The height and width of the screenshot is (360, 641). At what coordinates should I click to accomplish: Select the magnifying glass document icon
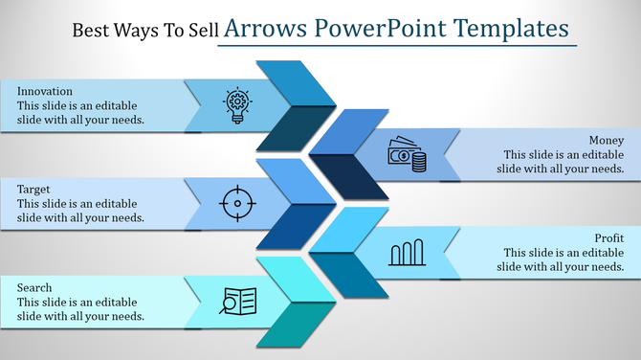237,301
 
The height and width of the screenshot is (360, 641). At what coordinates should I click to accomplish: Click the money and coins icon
407,154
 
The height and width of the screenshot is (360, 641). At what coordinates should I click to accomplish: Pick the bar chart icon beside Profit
407,253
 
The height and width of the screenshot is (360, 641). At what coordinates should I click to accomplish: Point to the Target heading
33,190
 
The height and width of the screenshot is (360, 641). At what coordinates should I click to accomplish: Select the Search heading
34,287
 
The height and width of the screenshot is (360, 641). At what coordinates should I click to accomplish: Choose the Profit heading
608,236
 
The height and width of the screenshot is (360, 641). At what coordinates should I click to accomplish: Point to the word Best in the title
91,30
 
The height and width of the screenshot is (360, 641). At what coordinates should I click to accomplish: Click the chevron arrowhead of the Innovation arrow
297,105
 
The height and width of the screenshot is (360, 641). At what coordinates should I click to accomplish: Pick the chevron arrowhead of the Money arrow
350,154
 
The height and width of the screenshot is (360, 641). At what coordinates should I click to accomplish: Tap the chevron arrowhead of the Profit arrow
350,253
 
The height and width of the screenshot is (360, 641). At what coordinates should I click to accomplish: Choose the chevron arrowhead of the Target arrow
297,203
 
